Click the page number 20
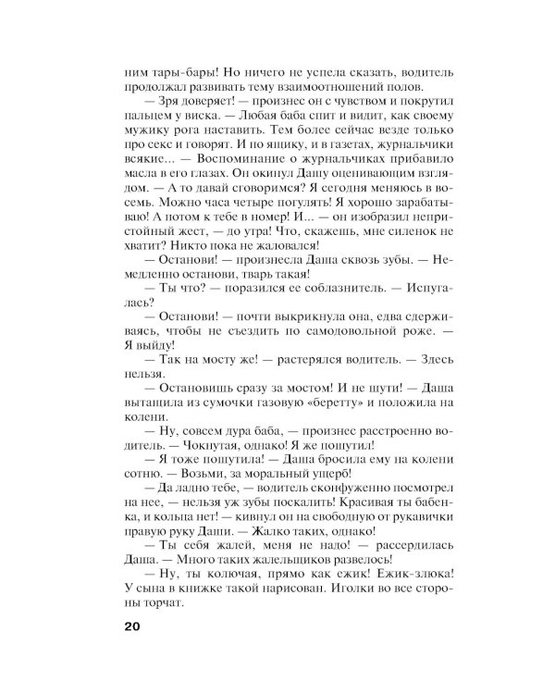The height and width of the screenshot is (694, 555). [129, 626]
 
